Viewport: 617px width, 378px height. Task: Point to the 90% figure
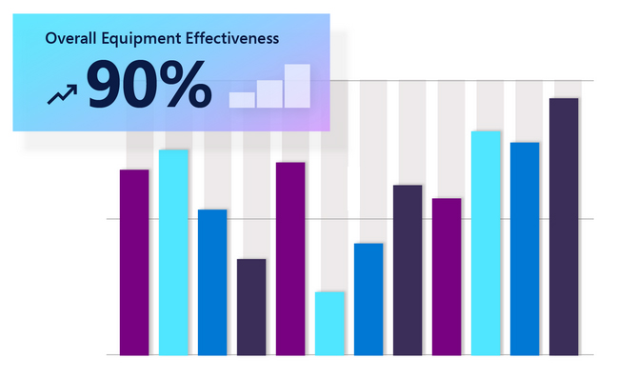149,87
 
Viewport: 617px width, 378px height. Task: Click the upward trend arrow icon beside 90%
62,92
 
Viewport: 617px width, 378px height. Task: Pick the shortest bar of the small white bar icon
242,98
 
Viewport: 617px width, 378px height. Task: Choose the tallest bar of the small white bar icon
298,85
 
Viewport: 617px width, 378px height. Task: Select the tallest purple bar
290,257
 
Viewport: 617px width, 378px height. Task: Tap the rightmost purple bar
447,276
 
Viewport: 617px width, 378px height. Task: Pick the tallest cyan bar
486,242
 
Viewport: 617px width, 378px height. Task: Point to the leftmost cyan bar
173,251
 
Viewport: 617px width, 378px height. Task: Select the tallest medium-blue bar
525,248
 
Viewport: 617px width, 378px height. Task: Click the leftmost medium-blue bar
212,281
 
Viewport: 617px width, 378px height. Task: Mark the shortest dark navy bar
251,306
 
